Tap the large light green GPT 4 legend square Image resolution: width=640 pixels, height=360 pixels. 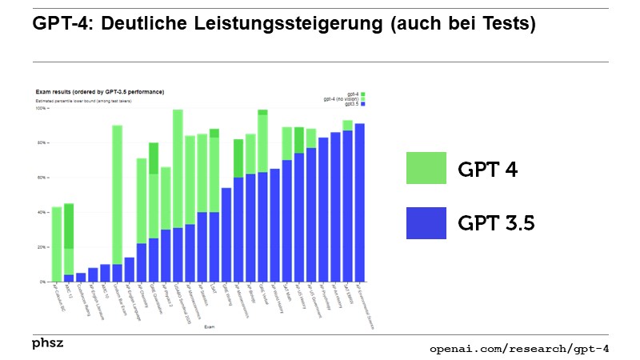pos(426,168)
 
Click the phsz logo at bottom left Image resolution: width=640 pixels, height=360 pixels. pos(48,343)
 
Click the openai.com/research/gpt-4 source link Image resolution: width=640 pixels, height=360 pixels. pos(518,349)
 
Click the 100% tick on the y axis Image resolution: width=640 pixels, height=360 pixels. pos(41,109)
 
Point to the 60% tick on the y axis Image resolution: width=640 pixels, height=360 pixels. pos(41,178)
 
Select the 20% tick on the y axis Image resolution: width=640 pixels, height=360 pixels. pos(41,247)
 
